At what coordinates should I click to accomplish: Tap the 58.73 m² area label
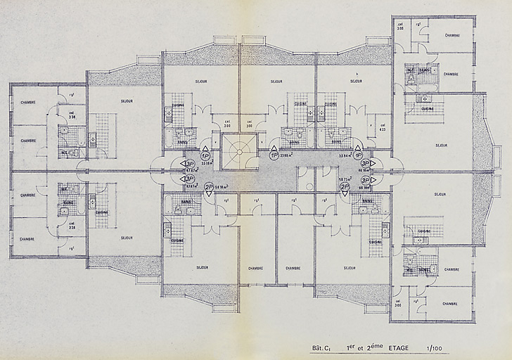tap(344, 179)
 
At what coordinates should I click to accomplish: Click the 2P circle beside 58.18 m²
tap(208, 187)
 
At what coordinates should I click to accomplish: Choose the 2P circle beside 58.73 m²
tap(344, 186)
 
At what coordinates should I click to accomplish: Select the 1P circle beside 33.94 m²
tap(358, 155)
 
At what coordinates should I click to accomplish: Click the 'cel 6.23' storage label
tap(382, 127)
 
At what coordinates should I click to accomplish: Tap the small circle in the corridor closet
tap(310, 187)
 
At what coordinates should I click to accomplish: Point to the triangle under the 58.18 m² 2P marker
tap(208, 194)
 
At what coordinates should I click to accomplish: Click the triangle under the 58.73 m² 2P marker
tap(344, 193)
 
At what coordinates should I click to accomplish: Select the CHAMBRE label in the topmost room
tap(452, 34)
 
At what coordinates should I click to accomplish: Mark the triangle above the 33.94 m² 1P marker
tap(358, 148)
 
